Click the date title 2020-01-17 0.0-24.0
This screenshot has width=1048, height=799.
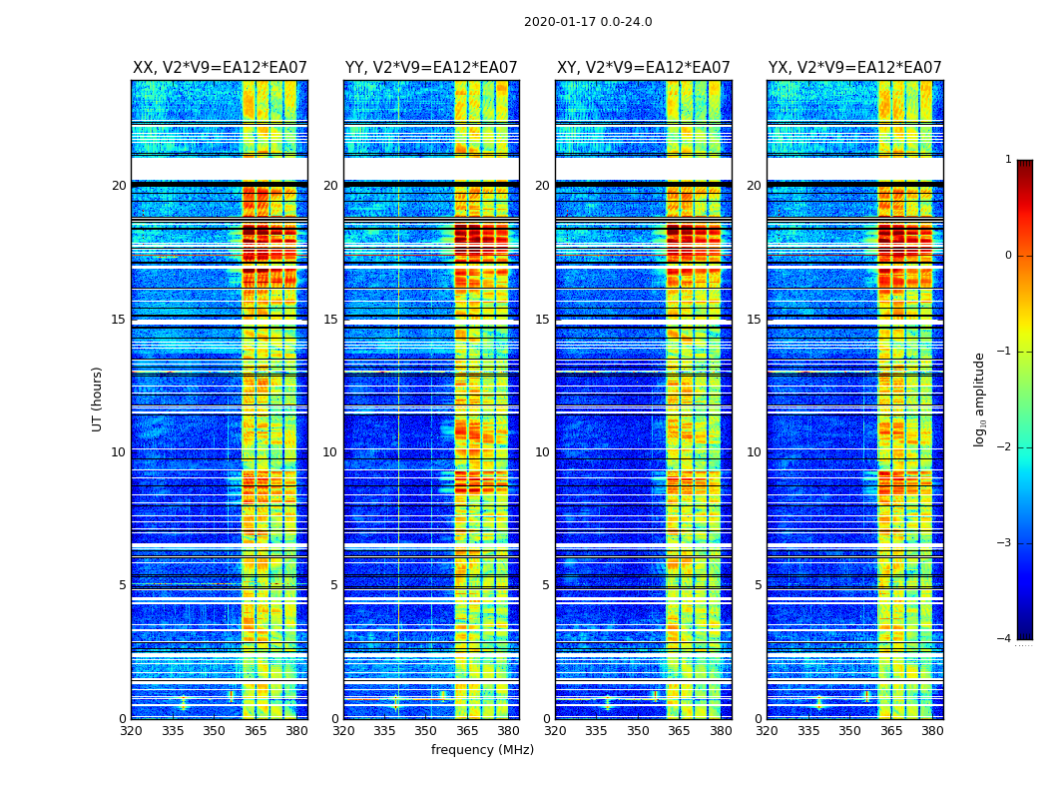[x=588, y=22]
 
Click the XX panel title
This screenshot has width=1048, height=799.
[x=220, y=68]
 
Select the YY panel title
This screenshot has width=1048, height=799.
[x=431, y=68]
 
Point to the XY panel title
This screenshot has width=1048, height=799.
[x=643, y=68]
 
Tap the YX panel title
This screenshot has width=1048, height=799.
[x=854, y=68]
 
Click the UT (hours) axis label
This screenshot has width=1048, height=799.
[x=98, y=399]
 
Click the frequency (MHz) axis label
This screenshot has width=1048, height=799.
[x=482, y=750]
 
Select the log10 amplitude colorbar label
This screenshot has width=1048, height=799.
[x=980, y=399]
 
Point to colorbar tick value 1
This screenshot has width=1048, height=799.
[x=1008, y=160]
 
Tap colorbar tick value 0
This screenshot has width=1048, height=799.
[x=1008, y=256]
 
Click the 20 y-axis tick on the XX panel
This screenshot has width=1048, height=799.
[x=119, y=186]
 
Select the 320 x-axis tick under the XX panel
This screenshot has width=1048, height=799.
[x=131, y=731]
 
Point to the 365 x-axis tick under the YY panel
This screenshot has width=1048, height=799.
[x=467, y=731]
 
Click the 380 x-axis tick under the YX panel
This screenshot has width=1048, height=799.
[x=932, y=731]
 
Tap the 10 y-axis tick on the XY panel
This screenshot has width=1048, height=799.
[x=542, y=452]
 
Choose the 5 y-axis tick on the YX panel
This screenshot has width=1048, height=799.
[x=758, y=585]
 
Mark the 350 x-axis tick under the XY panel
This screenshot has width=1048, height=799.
[x=638, y=731]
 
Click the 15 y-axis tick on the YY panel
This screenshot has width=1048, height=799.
[x=330, y=320]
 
